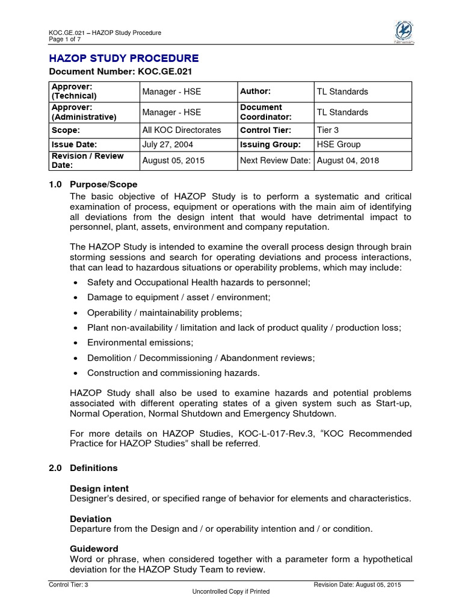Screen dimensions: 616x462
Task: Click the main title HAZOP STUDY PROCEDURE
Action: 123,58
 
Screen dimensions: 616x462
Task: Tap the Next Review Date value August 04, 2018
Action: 348,161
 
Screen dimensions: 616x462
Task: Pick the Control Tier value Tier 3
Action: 328,130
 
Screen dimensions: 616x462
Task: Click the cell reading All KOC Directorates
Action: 182,130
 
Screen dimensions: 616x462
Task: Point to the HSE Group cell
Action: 339,144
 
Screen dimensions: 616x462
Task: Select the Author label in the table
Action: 255,91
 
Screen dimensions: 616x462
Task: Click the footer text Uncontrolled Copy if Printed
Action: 231,592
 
